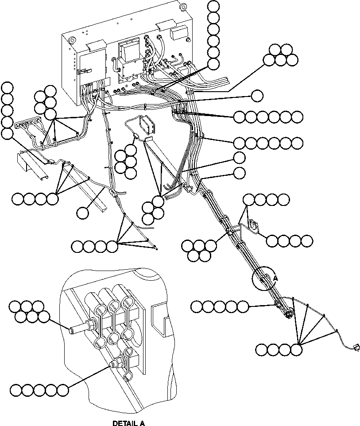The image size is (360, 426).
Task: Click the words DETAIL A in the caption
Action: point(128,423)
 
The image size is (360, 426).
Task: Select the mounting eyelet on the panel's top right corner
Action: point(181,6)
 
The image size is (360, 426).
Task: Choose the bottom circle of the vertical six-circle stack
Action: point(213,64)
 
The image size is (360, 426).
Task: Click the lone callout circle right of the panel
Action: point(256,95)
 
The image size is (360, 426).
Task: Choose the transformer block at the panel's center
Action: point(128,51)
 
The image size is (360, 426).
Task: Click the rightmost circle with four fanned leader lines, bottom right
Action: point(296,350)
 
